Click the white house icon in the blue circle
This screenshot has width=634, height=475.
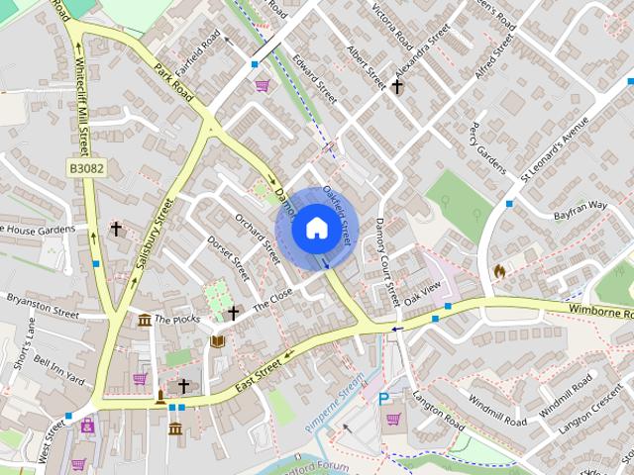pos(315,228)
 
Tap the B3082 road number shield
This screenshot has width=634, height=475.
pos(86,170)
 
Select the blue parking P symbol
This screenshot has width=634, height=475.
pos(383,400)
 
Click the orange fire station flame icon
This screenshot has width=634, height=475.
pos(499,269)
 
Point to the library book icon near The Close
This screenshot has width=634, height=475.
pos(217,341)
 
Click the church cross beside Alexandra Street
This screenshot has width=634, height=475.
pos(396,87)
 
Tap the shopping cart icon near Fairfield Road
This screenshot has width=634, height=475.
pos(263,86)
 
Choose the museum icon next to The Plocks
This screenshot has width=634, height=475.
pos(145,319)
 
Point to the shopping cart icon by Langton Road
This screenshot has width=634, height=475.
pos(394,419)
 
